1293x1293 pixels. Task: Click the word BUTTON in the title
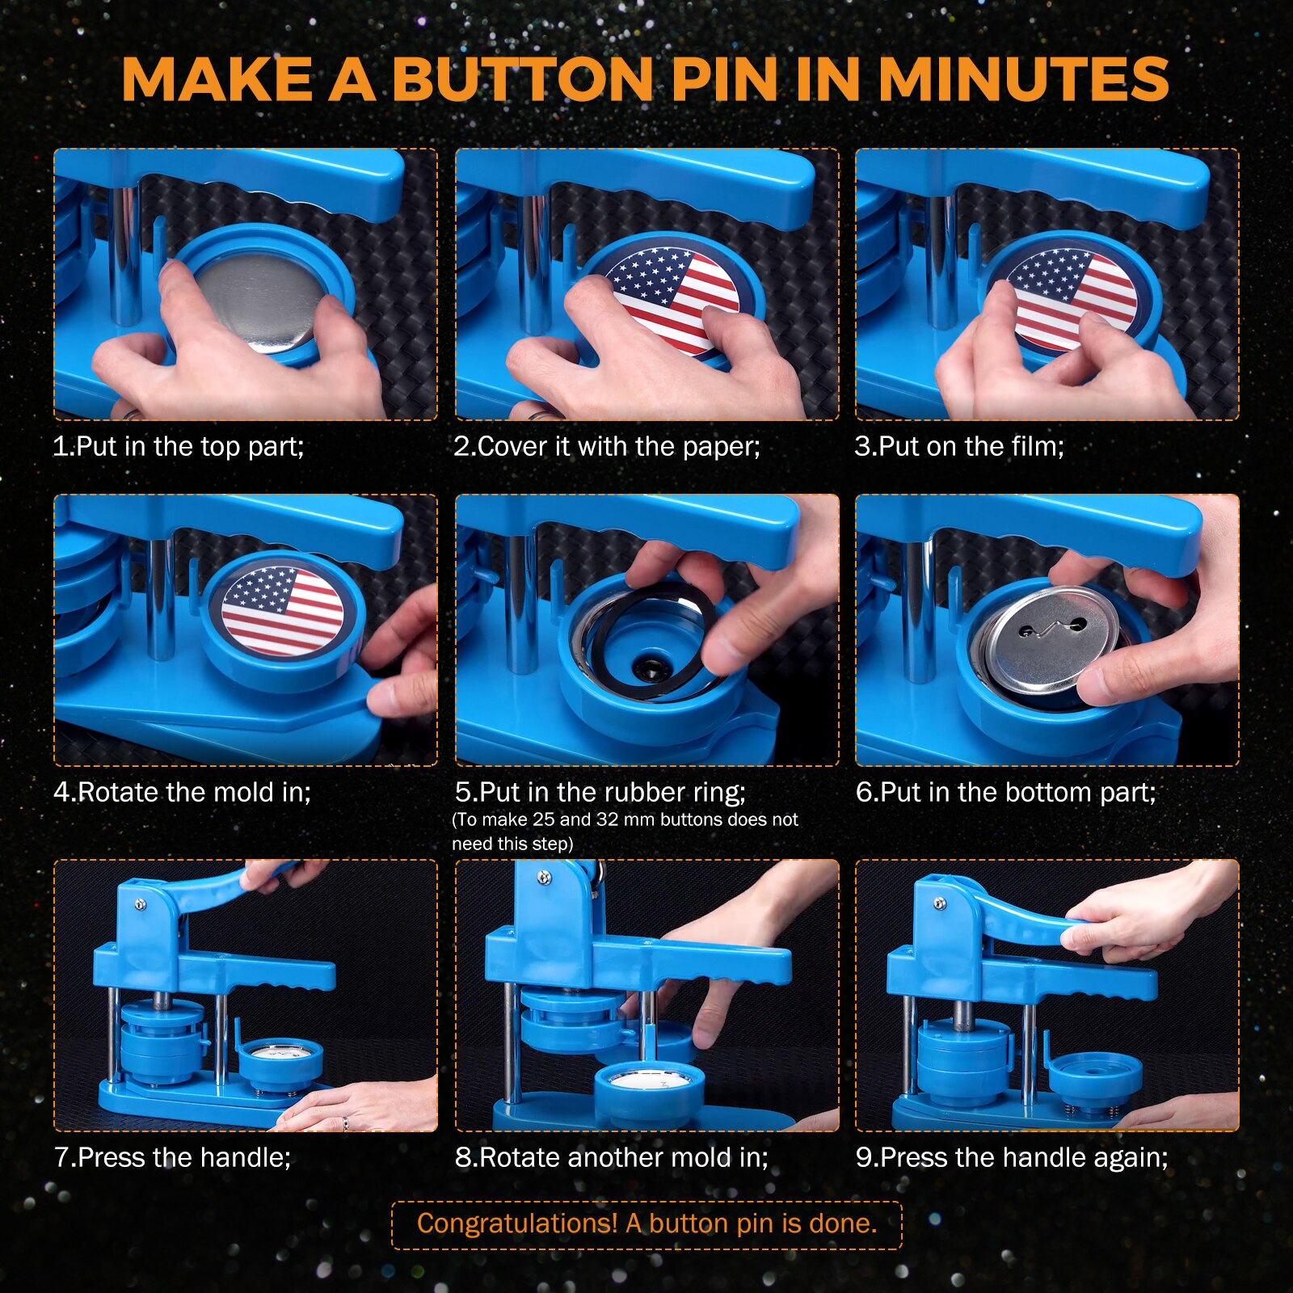click(523, 79)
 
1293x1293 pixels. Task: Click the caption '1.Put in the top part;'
click(178, 446)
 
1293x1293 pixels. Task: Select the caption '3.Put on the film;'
click(959, 446)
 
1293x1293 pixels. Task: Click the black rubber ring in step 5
click(646, 646)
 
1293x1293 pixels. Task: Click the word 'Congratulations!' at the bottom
click(517, 1224)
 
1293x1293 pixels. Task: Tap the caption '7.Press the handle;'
click(172, 1157)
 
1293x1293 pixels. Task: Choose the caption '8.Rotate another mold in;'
click(612, 1157)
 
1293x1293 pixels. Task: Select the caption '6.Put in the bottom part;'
click(1006, 792)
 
